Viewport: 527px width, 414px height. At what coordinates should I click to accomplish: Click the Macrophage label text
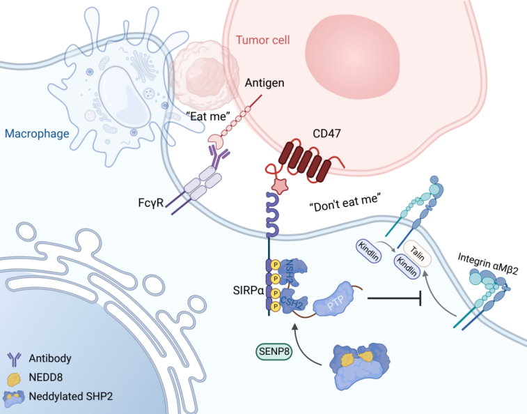pyautogui.click(x=37, y=133)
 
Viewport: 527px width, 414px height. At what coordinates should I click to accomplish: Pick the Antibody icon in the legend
pyautogui.click(x=14, y=359)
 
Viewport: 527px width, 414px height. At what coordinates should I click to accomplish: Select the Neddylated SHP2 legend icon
pyautogui.click(x=14, y=398)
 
